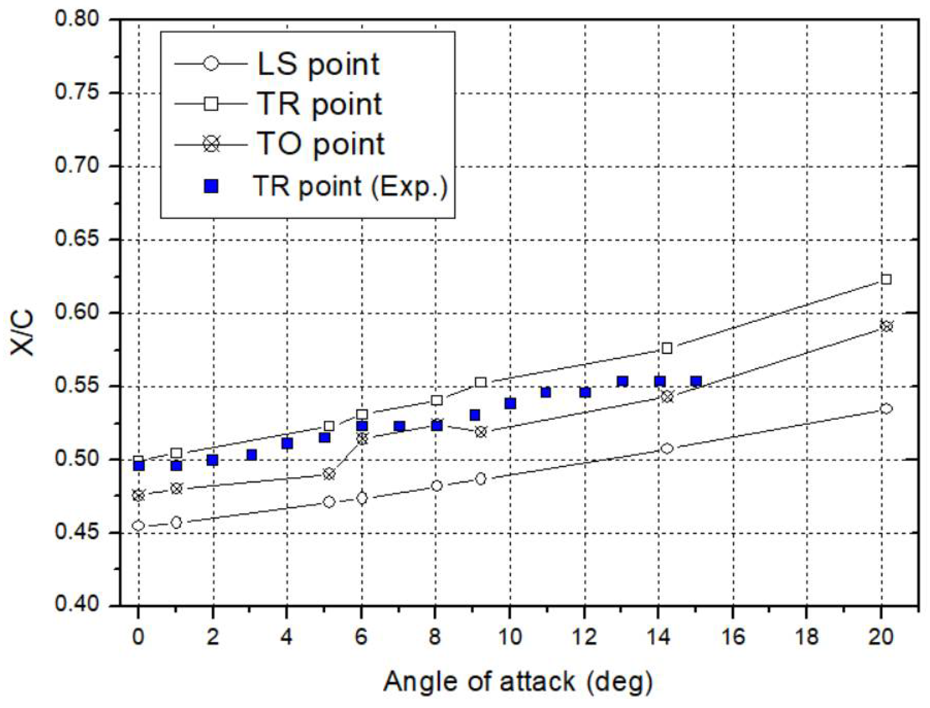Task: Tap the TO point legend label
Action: [320, 144]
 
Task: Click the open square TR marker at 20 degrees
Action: [886, 279]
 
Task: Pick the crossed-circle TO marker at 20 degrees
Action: [886, 326]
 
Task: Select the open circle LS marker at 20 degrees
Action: [886, 408]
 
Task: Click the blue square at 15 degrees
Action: [697, 381]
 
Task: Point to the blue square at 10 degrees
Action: [510, 404]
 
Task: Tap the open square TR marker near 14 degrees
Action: [667, 348]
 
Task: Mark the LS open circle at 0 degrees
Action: [138, 526]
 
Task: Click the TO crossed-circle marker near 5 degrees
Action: [330, 474]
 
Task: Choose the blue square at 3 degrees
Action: [251, 455]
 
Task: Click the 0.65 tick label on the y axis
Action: [76, 239]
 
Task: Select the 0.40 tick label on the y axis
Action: [76, 605]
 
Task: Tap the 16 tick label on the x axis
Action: [733, 636]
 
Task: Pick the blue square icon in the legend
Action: [211, 186]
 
